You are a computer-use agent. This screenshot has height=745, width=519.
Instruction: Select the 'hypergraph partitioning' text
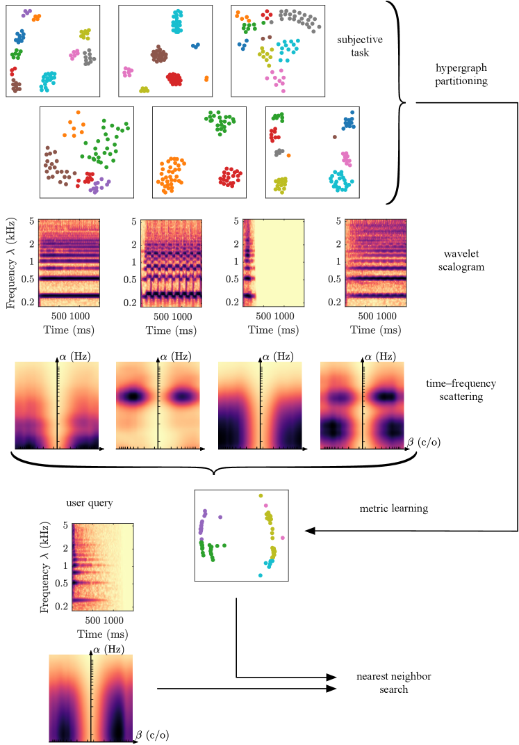click(x=461, y=75)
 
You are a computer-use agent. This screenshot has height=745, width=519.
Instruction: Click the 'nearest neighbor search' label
click(x=381, y=682)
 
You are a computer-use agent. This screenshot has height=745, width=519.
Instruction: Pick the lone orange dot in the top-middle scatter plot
click(x=206, y=79)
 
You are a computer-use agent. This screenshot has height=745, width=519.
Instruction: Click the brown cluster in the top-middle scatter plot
click(x=160, y=54)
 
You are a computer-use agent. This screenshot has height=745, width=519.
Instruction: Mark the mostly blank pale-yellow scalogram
click(x=274, y=262)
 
